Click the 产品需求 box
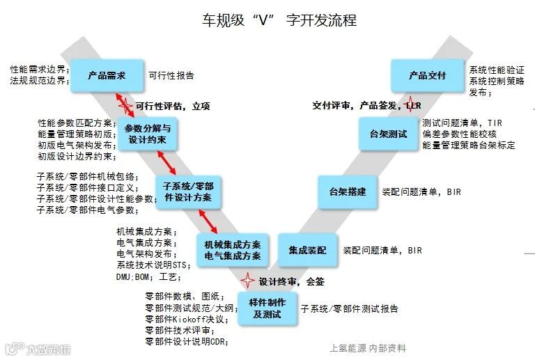107,75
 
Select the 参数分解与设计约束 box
147,134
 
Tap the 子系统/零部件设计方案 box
188,192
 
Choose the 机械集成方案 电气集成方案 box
233,251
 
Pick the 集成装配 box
307,251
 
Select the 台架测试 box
387,134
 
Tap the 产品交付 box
427,75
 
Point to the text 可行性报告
171,75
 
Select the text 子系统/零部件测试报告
349,308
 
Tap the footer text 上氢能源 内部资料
368,347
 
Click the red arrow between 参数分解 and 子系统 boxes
167,163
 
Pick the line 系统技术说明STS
153,265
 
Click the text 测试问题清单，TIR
462,123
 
